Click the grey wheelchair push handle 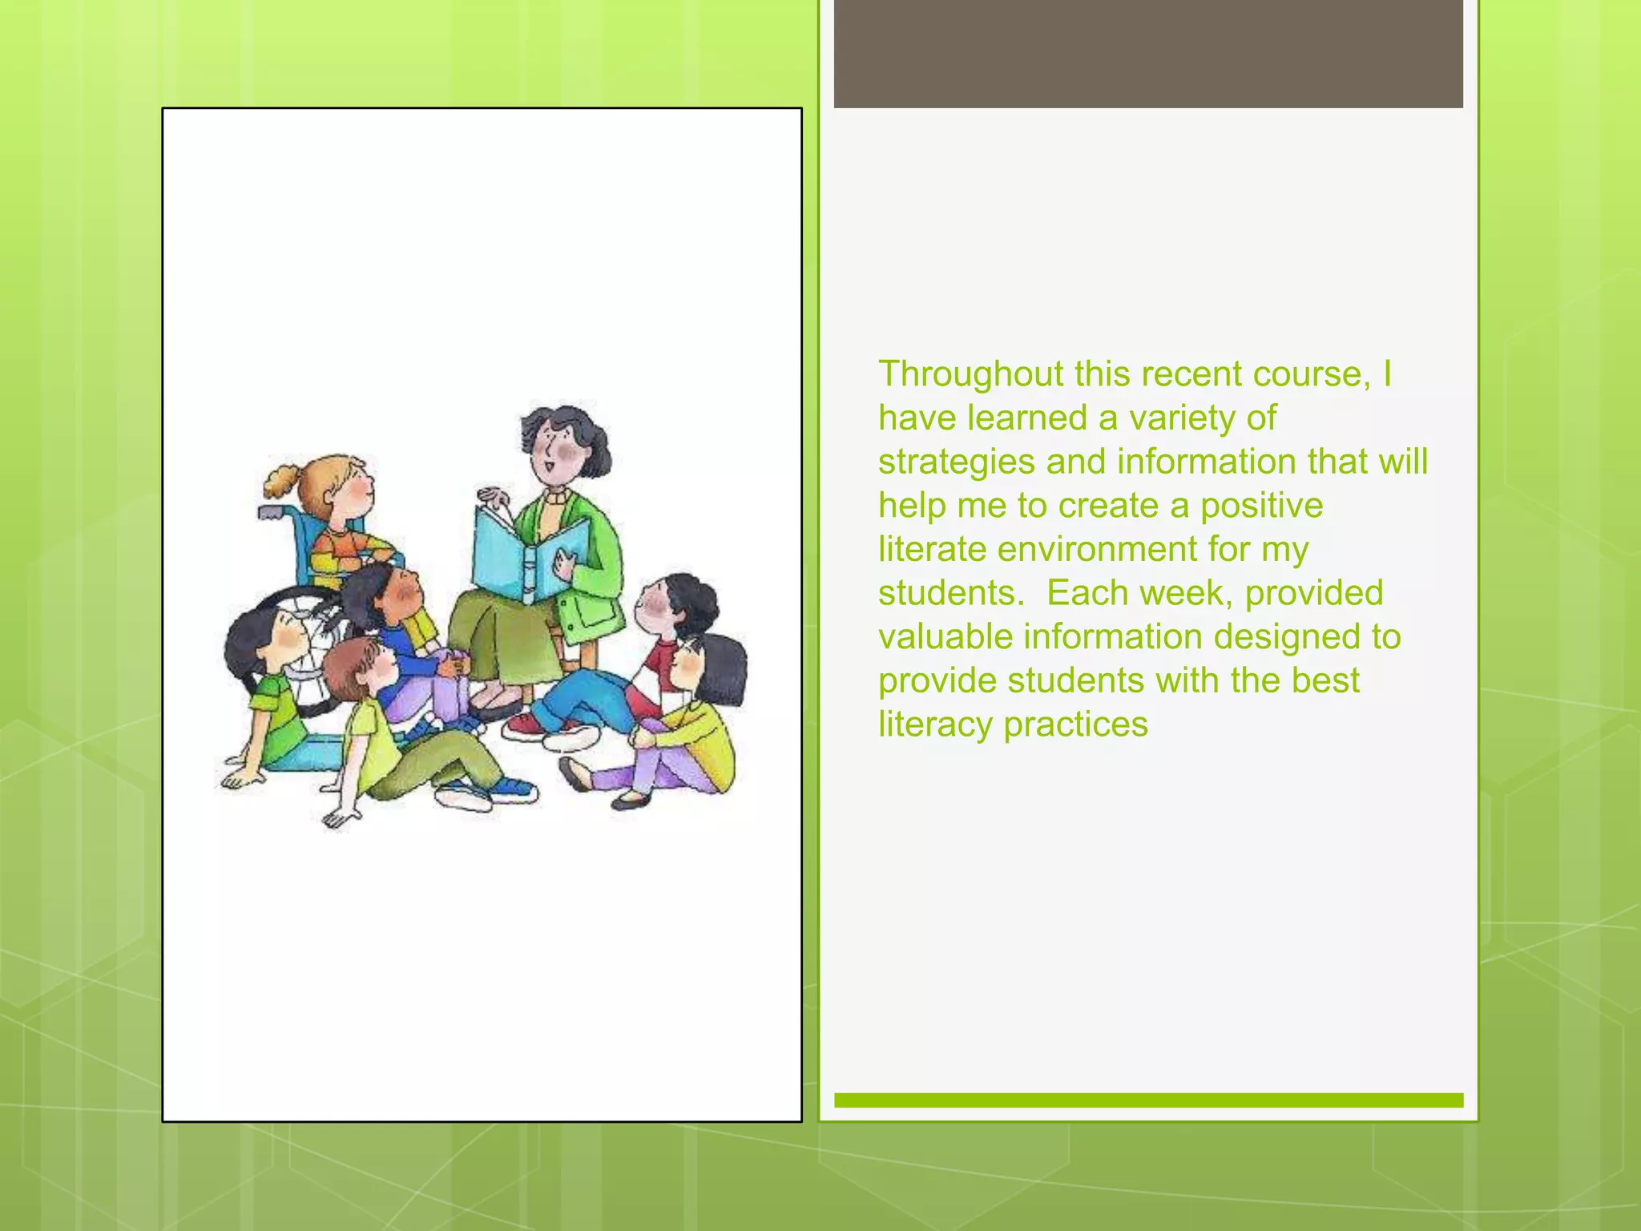269,510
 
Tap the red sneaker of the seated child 525,726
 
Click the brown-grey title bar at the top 1148,54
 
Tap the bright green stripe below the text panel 1148,1100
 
